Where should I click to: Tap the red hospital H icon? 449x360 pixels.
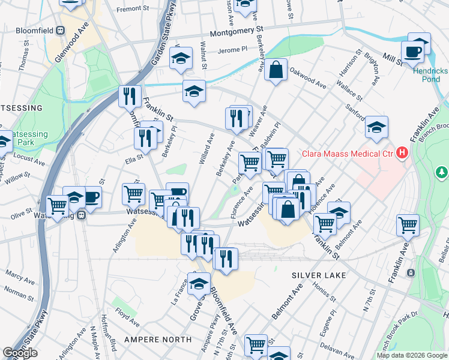click(402, 154)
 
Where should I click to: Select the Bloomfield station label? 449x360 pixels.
click(29, 31)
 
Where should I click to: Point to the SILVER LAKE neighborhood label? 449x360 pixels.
click(318, 275)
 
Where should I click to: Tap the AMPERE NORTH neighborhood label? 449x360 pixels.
click(158, 340)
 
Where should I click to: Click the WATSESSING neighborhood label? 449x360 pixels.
click(20, 108)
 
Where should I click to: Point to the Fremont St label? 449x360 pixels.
click(132, 9)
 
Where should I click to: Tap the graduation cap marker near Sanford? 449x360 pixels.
click(376, 127)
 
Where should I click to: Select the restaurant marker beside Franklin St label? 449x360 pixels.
click(130, 95)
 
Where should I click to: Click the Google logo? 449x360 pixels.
click(20, 353)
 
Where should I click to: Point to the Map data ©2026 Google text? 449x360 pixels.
click(411, 355)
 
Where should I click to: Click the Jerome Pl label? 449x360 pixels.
click(232, 51)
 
